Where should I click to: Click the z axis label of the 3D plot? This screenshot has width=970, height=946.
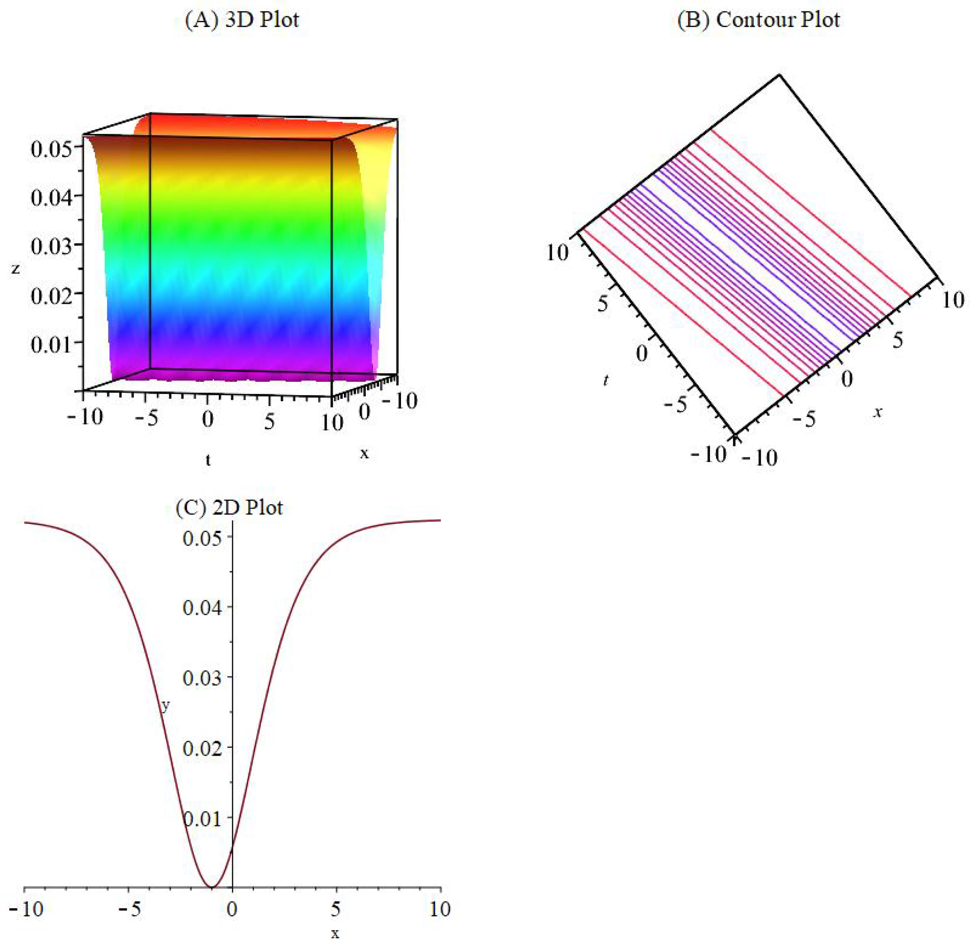point(16,269)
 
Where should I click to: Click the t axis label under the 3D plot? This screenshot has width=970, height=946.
point(208,460)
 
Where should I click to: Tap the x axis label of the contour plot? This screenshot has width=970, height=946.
point(878,412)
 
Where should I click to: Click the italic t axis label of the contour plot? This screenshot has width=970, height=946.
point(605,380)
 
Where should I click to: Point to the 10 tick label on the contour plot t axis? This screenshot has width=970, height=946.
point(557,252)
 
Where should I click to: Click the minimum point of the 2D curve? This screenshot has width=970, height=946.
point(211,887)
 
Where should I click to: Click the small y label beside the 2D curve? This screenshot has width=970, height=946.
point(165,706)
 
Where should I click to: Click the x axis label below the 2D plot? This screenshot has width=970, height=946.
point(335,934)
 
